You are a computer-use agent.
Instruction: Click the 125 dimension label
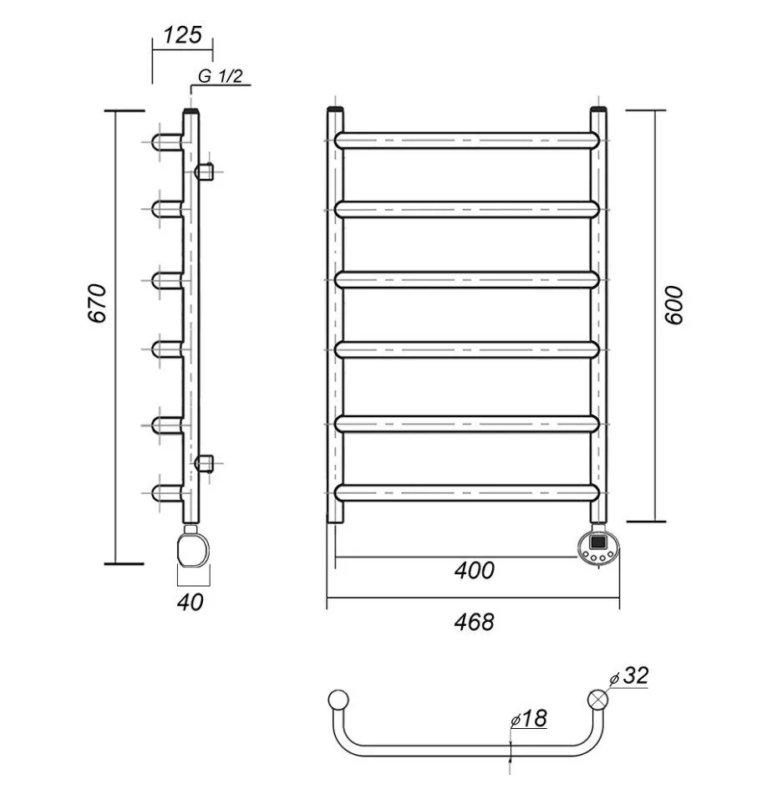[182, 35]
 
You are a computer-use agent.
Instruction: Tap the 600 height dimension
[675, 306]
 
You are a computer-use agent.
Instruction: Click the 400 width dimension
[475, 571]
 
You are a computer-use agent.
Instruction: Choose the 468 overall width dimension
[475, 622]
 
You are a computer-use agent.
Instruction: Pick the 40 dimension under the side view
[190, 601]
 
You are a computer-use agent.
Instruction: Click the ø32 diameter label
[630, 676]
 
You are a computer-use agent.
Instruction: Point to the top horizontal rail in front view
[468, 140]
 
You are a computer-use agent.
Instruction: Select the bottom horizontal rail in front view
[468, 493]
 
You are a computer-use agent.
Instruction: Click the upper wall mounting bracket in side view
[206, 172]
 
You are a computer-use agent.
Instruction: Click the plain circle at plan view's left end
[338, 700]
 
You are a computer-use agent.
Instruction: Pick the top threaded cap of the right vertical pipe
[599, 110]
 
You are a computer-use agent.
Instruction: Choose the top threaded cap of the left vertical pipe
[336, 110]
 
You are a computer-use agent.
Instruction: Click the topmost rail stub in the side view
[167, 140]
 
